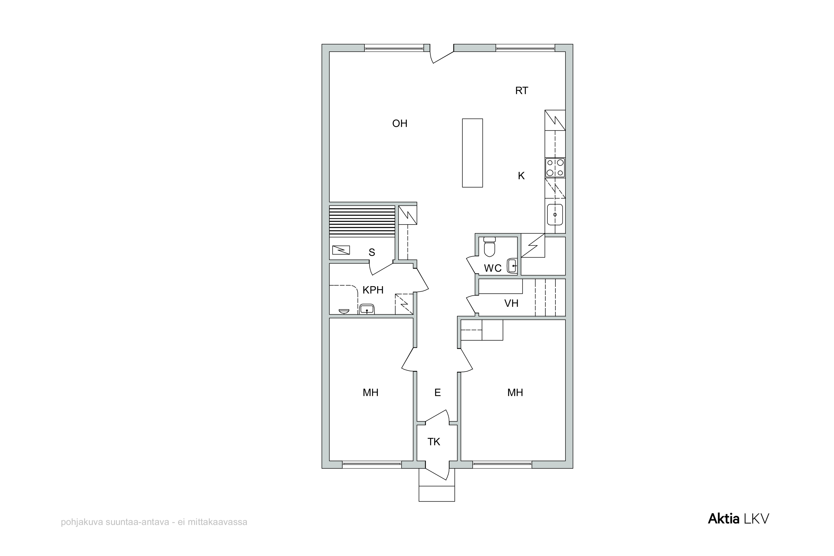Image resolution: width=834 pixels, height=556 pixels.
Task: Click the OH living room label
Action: click(399, 123)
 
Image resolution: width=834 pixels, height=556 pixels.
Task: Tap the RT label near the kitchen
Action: click(522, 91)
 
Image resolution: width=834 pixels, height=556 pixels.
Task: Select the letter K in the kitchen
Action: click(521, 176)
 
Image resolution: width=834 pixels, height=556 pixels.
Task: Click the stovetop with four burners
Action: click(555, 168)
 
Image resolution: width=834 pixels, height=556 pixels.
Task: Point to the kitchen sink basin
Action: click(555, 215)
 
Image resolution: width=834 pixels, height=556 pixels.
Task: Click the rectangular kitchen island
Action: click(472, 153)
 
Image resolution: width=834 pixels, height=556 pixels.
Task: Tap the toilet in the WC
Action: click(490, 246)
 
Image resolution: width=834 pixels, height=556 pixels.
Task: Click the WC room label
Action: click(493, 268)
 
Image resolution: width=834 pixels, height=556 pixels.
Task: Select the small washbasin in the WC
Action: click(512, 266)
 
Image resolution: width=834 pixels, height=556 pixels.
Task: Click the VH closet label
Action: click(511, 303)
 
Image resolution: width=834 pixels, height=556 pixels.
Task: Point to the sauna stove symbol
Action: click(341, 250)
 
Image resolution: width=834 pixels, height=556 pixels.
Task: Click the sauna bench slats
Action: click(362, 222)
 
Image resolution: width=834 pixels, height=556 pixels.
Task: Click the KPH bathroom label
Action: click(373, 290)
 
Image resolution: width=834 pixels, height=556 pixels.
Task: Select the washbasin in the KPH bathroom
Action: click(366, 309)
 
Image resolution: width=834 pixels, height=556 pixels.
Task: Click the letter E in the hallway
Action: click(437, 393)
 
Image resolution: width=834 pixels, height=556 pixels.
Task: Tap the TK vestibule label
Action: click(433, 442)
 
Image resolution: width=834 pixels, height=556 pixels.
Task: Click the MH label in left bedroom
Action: click(370, 393)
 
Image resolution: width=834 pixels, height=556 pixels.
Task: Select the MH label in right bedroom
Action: click(515, 393)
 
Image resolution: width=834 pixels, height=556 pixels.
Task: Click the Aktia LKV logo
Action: click(739, 519)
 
